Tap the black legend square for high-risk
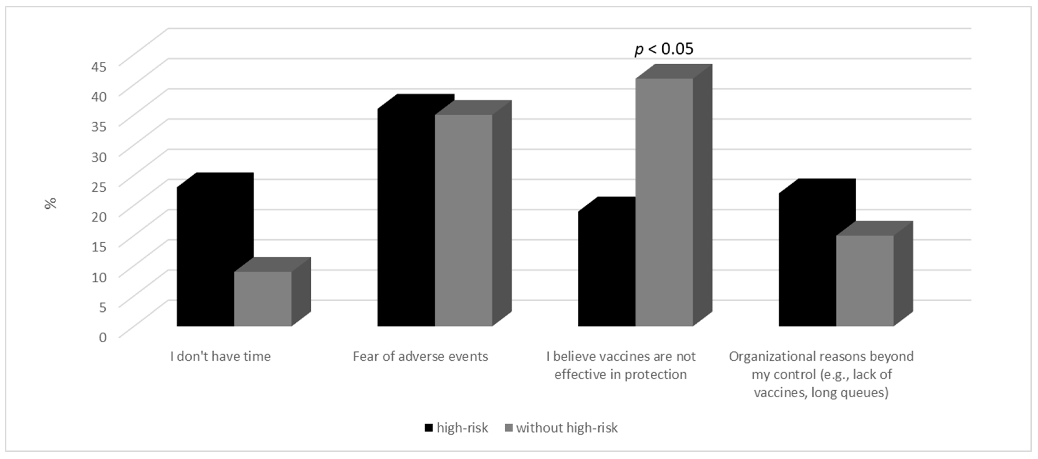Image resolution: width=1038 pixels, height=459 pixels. (x=429, y=428)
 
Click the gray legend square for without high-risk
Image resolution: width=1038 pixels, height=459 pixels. (x=508, y=428)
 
